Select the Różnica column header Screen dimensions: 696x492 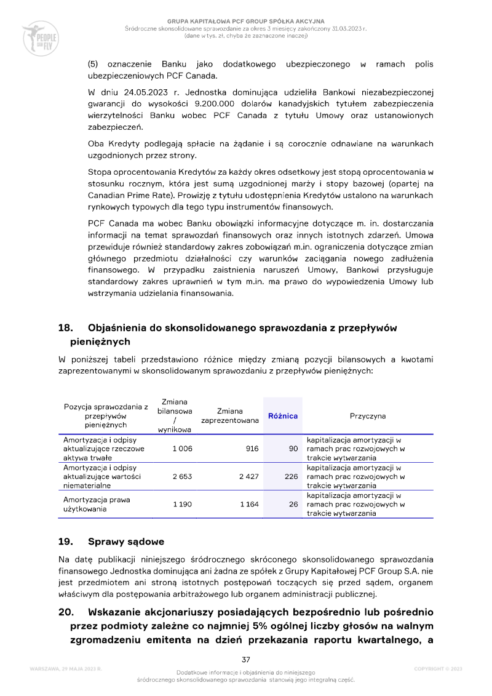[283, 416]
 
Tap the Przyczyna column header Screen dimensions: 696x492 [368, 416]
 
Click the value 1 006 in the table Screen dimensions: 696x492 [182, 449]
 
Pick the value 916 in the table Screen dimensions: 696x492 [252, 449]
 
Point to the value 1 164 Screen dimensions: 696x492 [249, 504]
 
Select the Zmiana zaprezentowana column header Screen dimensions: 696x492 [230, 416]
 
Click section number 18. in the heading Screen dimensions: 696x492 [66, 328]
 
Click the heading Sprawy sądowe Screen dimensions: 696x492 [126, 542]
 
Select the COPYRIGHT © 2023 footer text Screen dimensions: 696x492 [438, 668]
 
